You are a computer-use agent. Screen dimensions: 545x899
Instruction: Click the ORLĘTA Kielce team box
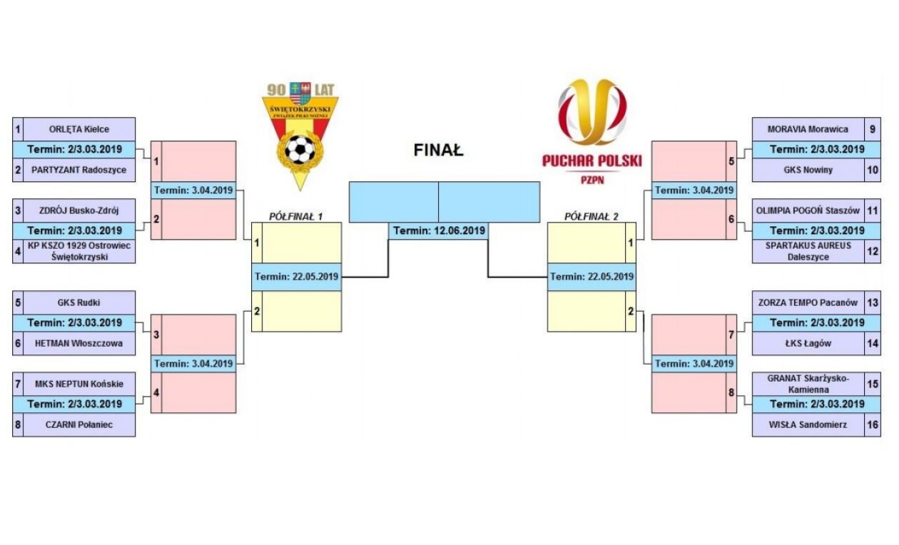(x=78, y=129)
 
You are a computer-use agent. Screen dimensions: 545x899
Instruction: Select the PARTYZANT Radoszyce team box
(x=78, y=170)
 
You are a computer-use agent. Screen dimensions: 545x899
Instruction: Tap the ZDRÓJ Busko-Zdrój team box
(x=78, y=210)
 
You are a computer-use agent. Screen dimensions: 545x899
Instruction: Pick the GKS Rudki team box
(x=78, y=302)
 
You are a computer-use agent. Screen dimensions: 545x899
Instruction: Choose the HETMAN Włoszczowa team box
(x=78, y=343)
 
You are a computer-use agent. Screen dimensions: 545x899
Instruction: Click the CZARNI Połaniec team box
(x=78, y=426)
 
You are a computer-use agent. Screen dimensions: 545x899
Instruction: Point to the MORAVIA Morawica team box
(x=807, y=129)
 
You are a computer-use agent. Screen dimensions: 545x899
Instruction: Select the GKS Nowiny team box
(x=807, y=170)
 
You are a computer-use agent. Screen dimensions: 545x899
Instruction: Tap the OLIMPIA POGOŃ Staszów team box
(x=807, y=210)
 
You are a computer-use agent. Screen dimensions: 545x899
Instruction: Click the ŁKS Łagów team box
(x=807, y=343)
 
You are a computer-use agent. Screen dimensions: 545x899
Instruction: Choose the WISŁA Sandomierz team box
(x=807, y=426)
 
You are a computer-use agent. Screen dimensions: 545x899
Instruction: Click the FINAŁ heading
(x=438, y=151)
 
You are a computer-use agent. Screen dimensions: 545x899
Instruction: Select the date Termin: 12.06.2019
(x=439, y=230)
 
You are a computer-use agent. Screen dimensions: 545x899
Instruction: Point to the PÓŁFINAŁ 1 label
(x=296, y=215)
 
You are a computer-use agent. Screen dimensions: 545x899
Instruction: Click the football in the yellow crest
(x=300, y=150)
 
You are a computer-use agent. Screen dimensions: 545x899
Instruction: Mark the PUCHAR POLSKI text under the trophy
(x=591, y=161)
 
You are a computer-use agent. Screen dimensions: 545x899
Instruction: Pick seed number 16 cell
(x=872, y=426)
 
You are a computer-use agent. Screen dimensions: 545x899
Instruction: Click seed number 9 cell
(x=872, y=129)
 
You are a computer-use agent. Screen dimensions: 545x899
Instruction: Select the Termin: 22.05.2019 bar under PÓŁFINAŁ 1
(x=296, y=277)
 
